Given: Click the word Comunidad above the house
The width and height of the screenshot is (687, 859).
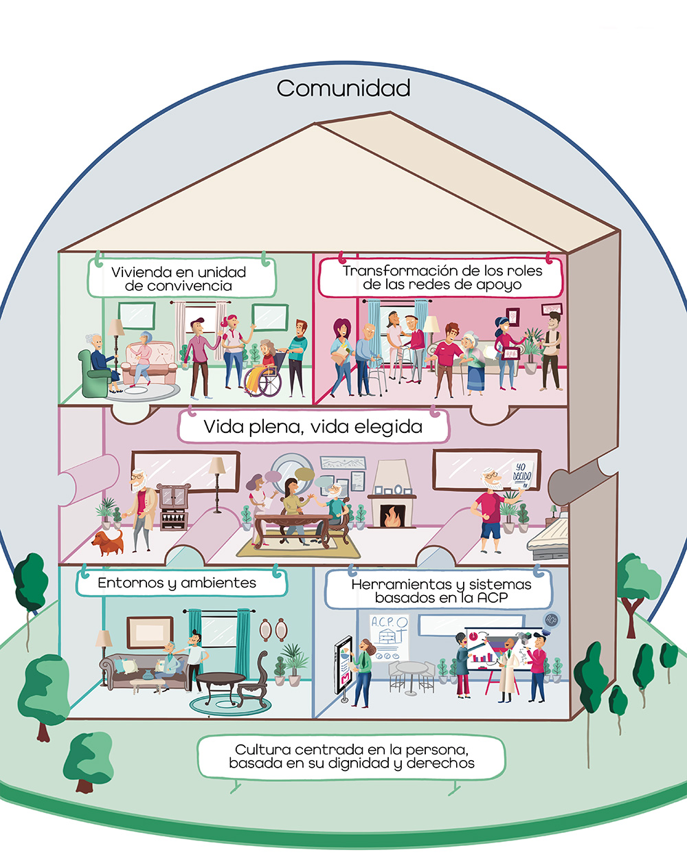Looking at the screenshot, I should (x=343, y=89).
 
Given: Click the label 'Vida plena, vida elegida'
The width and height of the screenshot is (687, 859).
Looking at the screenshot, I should (x=313, y=427).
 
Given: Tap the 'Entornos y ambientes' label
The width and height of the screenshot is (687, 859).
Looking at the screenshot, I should (x=177, y=583).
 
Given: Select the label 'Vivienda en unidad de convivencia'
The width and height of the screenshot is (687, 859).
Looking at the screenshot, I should (x=179, y=278).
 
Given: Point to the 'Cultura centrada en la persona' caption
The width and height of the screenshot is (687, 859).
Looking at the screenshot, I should (x=351, y=756).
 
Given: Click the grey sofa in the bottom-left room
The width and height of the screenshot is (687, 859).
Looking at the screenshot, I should (x=137, y=670).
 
